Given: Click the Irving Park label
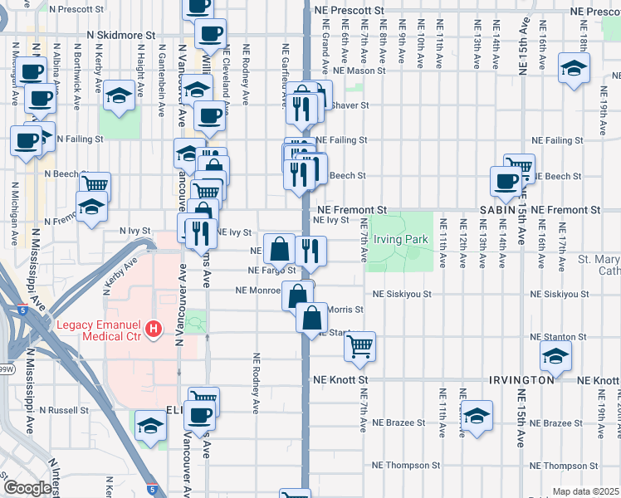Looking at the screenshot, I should [401, 239].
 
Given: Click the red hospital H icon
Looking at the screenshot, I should [153, 330].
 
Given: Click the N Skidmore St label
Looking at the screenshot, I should [121, 36].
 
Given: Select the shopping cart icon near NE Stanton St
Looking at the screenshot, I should [359, 346].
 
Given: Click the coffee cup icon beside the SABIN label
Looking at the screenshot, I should [505, 181].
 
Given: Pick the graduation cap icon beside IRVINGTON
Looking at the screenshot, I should [555, 358].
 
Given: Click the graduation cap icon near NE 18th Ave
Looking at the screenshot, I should [573, 68].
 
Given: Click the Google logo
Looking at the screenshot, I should [27, 487].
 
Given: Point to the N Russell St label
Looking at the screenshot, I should [63, 410].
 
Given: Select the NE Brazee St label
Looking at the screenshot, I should [398, 422].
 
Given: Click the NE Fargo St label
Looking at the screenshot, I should [271, 271].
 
